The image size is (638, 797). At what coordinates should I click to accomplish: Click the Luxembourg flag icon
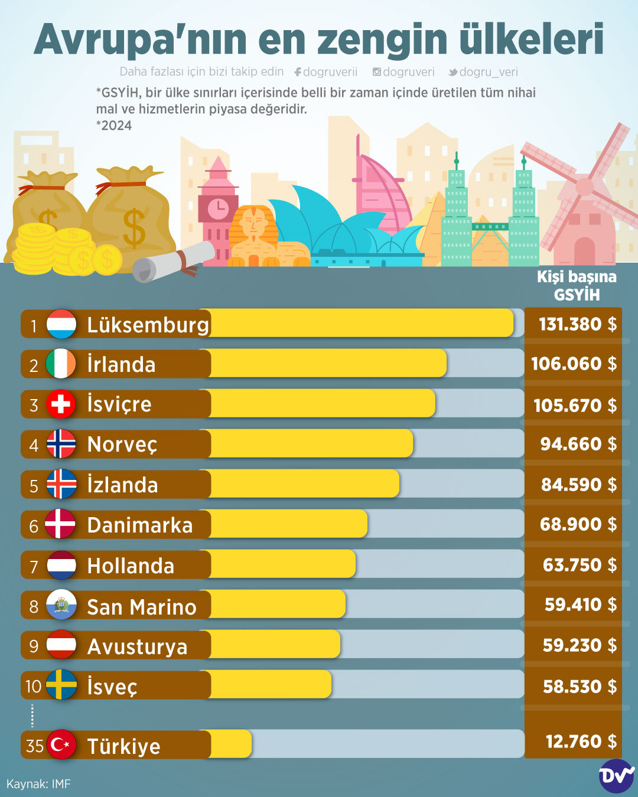61,324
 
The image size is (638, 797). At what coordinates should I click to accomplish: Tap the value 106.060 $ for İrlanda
574,364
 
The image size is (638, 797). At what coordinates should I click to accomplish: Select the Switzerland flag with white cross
61,404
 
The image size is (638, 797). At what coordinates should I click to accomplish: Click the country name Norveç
122,444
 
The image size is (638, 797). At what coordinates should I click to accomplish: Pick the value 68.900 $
578,524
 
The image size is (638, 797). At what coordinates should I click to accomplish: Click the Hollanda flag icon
61,565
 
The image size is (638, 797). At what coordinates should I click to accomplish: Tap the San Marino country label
142,607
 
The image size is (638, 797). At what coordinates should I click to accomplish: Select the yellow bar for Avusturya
275,645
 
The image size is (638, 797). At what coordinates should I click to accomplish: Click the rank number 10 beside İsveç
33,686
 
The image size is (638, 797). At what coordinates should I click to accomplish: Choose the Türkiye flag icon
61,745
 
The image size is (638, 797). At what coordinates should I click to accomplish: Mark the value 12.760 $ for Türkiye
581,742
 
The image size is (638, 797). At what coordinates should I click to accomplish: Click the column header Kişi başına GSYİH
576,286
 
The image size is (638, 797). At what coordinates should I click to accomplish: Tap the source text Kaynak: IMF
38,784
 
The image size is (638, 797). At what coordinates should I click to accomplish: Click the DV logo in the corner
616,775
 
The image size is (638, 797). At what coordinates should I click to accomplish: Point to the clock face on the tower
218,207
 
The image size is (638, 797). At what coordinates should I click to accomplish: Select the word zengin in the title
382,40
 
